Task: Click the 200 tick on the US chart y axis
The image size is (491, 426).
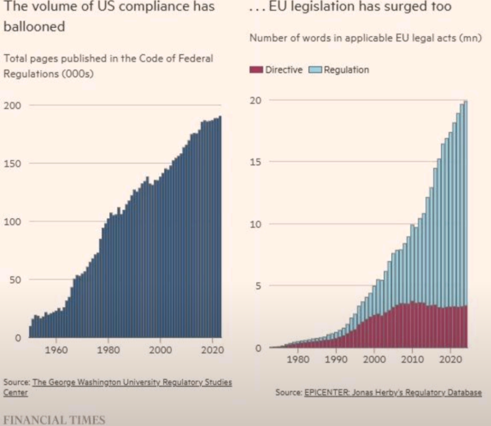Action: coord(10,106)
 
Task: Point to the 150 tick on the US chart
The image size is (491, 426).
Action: coord(10,164)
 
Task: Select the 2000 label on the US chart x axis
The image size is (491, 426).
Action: coord(160,350)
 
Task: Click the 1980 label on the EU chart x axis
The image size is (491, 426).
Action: coord(299,360)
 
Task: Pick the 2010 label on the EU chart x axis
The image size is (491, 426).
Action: coord(412,360)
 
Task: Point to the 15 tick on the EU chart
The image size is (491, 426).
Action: coord(257,162)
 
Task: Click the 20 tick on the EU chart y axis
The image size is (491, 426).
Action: coord(257,100)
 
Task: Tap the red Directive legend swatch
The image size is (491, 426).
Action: coord(256,70)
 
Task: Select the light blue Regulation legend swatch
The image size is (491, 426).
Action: coord(314,70)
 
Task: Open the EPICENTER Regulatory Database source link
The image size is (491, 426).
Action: coord(393,392)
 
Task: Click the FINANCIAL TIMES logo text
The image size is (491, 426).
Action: coord(54,419)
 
